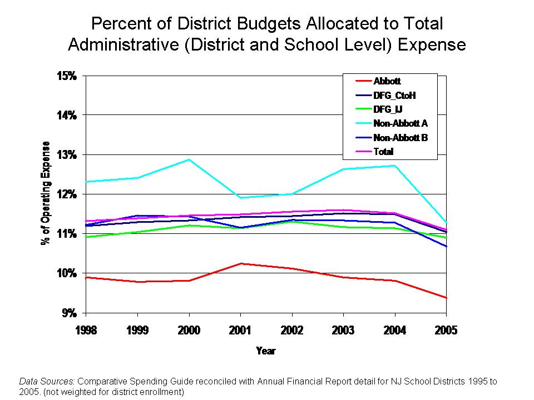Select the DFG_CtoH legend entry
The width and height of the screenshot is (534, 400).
[394, 96]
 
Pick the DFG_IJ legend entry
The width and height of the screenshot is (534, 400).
[388, 109]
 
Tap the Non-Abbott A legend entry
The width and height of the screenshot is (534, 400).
[400, 123]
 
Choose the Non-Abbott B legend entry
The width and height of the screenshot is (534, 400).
[400, 137]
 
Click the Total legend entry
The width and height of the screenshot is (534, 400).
[383, 151]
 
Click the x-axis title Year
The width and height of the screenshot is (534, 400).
[265, 351]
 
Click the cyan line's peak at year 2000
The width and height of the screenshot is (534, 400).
[189, 160]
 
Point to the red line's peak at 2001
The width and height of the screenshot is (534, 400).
[240, 263]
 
